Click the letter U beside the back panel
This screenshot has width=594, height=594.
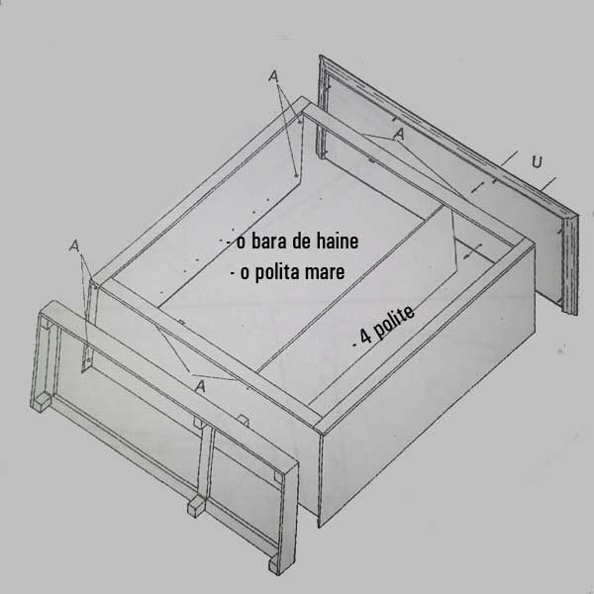click(537, 161)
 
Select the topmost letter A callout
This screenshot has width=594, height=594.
click(273, 76)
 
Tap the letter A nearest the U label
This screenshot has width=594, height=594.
click(399, 134)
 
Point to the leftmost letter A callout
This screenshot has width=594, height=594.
click(74, 246)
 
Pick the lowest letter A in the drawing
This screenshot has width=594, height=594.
click(200, 386)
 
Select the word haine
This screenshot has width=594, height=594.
click(338, 241)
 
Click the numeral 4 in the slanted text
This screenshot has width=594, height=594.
click(365, 336)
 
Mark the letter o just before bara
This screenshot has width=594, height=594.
click(241, 243)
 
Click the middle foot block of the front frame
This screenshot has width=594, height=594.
click(197, 507)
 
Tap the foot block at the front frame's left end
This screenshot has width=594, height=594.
click(41, 402)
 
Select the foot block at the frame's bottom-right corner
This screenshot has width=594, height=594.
click(274, 566)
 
